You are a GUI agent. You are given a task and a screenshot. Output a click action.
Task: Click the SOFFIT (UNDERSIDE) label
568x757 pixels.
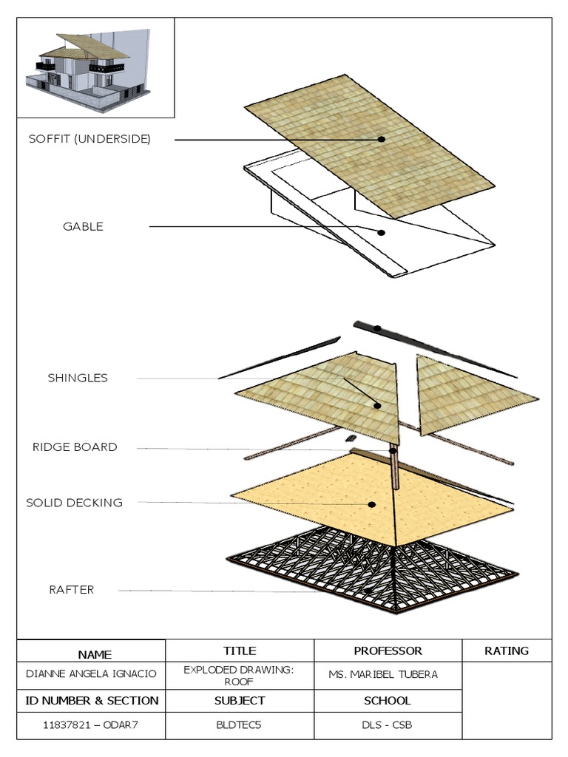(x=89, y=139)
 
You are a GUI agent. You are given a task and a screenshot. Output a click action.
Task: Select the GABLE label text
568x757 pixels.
(x=83, y=227)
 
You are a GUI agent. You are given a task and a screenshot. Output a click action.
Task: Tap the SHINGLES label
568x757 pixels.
(x=78, y=378)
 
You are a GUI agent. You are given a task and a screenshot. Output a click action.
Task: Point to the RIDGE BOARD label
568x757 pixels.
(x=75, y=447)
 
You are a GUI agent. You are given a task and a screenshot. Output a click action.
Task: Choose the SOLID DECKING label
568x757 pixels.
(x=75, y=503)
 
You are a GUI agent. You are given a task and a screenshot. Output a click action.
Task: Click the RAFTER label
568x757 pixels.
(x=72, y=590)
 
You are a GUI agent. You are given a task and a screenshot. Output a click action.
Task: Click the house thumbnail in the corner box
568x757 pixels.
(x=92, y=67)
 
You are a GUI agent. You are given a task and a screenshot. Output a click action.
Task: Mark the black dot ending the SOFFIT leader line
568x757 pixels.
(x=382, y=139)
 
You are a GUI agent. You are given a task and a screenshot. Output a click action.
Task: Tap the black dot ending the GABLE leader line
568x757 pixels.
(x=382, y=232)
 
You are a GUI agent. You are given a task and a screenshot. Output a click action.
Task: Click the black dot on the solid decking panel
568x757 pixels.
(x=372, y=504)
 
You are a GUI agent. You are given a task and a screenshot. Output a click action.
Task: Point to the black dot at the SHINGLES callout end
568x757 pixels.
(x=377, y=405)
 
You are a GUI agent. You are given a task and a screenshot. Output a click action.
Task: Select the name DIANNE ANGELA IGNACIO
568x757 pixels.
(x=91, y=674)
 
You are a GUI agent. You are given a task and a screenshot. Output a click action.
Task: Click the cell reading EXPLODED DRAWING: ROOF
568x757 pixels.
(x=240, y=675)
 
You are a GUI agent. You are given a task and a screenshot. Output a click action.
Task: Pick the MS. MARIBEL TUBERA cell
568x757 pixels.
(x=383, y=674)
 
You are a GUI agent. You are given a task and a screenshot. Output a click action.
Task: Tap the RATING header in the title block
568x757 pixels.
(x=507, y=651)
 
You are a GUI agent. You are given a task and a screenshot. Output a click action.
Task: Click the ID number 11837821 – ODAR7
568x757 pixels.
(x=91, y=725)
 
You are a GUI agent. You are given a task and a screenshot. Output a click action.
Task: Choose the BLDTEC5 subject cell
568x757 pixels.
(x=240, y=725)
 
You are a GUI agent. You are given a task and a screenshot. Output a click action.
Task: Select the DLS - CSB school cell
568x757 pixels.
(x=388, y=725)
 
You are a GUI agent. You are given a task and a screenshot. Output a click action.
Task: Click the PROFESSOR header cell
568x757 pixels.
(x=388, y=651)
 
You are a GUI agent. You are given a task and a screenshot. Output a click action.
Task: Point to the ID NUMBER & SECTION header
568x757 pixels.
(x=91, y=700)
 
